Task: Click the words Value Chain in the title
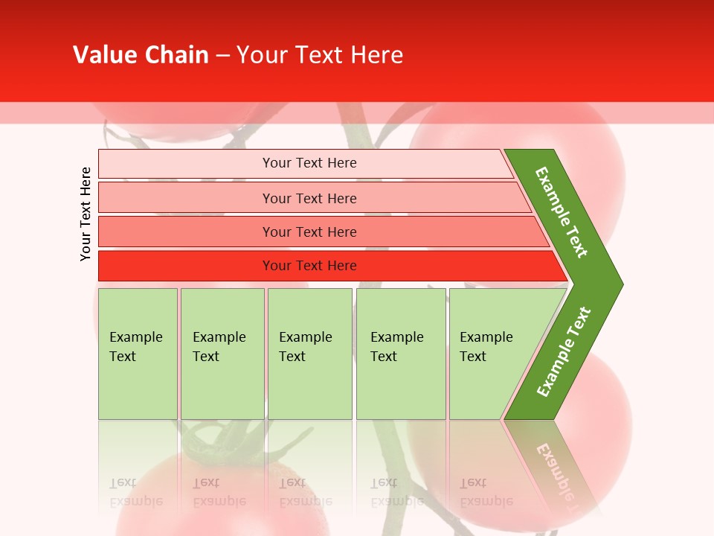141,55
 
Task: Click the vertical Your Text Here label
86,214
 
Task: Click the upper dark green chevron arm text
562,211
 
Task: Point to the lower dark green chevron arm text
563,351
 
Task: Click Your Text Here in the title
320,55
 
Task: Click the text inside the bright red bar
309,266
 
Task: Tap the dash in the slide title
222,56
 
